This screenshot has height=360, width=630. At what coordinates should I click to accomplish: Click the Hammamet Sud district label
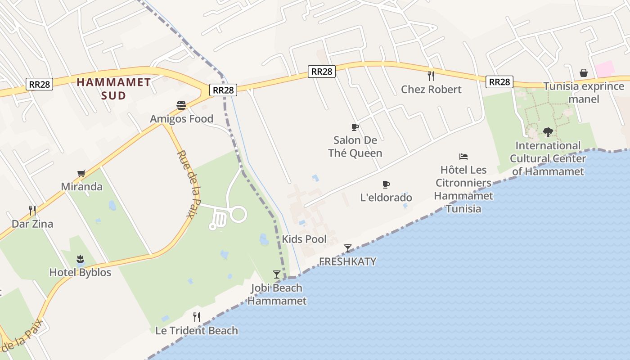(x=113, y=88)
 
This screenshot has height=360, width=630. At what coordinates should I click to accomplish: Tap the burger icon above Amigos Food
(x=181, y=106)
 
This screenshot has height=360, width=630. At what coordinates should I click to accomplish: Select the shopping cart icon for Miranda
(x=81, y=173)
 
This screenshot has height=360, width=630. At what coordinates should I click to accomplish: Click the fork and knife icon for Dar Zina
(x=32, y=210)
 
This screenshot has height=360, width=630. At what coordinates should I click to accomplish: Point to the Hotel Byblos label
(x=80, y=272)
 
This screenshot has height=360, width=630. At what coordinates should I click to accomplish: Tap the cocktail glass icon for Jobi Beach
(x=277, y=274)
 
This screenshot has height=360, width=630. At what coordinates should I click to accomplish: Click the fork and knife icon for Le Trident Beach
(x=197, y=317)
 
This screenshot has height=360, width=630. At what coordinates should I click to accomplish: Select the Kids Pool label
(x=304, y=239)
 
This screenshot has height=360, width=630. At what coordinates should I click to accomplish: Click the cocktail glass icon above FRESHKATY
(x=347, y=248)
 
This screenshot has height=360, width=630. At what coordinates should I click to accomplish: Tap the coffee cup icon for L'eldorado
(x=386, y=184)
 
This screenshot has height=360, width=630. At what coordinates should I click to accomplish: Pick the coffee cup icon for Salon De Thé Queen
(x=355, y=127)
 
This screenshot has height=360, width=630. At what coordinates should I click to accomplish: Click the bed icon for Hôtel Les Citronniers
(x=463, y=156)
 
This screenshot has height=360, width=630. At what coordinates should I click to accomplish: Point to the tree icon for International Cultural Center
(x=548, y=132)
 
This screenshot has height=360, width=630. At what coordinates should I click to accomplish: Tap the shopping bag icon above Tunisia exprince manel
(x=584, y=72)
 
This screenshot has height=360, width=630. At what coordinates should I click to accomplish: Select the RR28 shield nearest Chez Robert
(x=499, y=81)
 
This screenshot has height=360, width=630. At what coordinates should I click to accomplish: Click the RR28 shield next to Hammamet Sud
(x=39, y=84)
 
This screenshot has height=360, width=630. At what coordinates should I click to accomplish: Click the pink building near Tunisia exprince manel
(x=604, y=69)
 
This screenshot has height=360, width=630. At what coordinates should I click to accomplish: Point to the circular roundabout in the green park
(x=238, y=214)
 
